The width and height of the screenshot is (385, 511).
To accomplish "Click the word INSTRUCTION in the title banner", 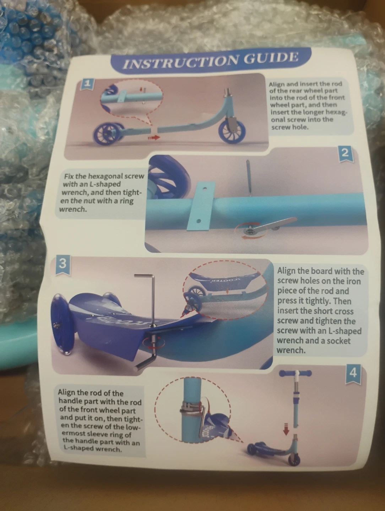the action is (x=180, y=61).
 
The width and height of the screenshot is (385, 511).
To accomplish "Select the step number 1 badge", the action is (x=87, y=84).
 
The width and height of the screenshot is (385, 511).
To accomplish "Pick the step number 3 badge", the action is (x=63, y=264).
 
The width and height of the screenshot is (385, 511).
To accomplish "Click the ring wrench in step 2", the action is (x=270, y=225).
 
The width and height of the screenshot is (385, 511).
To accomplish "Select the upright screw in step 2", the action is (x=248, y=177).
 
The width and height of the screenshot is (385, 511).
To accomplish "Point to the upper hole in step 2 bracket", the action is (x=205, y=188).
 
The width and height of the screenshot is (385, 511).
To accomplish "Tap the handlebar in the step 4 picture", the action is (x=295, y=373).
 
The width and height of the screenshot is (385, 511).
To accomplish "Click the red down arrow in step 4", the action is (x=286, y=429).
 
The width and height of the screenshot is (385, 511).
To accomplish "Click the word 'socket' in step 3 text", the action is (x=337, y=341).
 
